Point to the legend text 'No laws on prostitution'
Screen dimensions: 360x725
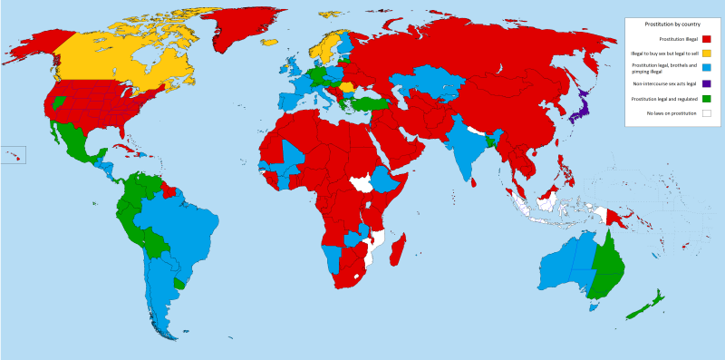[666, 113]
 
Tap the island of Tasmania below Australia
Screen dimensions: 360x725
[594, 306]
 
